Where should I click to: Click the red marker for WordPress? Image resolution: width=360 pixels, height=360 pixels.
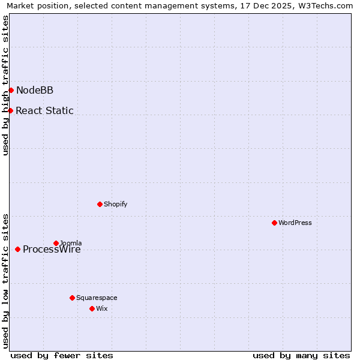pos(274,223)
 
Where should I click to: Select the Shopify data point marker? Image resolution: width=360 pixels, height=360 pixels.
pos(100,204)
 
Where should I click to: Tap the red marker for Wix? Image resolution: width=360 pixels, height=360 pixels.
pos(92,308)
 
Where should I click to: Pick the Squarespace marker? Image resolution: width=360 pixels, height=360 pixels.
pos(72,298)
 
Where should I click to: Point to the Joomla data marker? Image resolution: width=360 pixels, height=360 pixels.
pos(56,243)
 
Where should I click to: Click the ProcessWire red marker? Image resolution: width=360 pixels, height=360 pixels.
pos(17,249)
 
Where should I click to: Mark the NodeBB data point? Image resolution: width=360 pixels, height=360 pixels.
pos(11,90)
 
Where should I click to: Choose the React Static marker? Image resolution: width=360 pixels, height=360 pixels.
pos(10,110)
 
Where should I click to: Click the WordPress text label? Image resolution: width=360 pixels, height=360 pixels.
pos(295,223)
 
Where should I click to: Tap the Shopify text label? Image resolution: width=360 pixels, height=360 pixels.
pos(116,204)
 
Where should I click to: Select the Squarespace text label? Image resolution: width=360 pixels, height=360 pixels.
pos(97,298)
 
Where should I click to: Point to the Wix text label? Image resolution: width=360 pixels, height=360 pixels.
pos(102,308)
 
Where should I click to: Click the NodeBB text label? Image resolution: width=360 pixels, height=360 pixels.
pos(35,91)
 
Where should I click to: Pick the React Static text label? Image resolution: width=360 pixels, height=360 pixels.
pos(44,110)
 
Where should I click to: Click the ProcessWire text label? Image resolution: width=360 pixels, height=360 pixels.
pos(52,250)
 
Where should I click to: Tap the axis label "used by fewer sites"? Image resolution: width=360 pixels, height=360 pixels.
pos(62,355)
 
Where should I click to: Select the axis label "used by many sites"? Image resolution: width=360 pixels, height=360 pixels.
pos(301,355)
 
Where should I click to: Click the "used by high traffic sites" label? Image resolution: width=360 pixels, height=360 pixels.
pos(5,85)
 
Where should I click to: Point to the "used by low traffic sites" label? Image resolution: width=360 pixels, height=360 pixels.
pos(5,280)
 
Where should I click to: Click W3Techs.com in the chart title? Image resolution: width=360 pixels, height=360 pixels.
pos(325,5)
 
